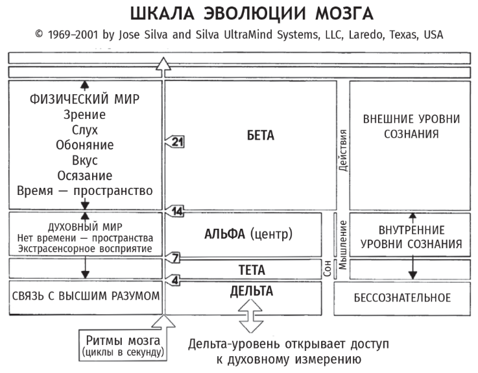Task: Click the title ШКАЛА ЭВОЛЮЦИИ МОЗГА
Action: tap(239, 14)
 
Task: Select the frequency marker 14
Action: tap(176, 211)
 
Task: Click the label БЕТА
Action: tap(260, 136)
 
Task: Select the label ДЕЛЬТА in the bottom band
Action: tap(251, 291)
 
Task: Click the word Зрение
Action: tap(85, 114)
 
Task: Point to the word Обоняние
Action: tap(85, 145)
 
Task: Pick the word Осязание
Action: tap(85, 175)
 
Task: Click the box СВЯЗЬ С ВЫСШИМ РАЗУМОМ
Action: tap(86, 296)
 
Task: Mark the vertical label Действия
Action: tap(344, 150)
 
